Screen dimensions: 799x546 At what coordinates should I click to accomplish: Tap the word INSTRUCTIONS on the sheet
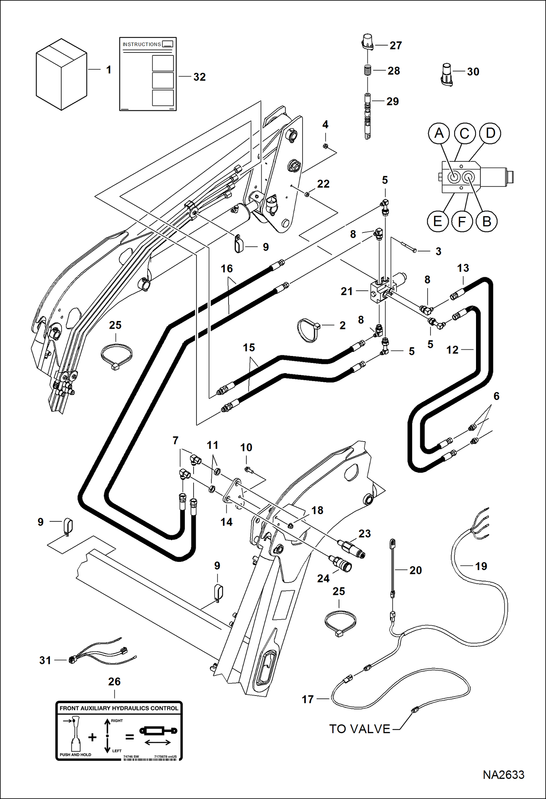pos(142,44)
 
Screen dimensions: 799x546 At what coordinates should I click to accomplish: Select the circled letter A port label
pos(439,133)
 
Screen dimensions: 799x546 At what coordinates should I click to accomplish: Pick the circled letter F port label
pos(462,222)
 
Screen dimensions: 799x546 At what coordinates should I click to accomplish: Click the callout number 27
pos(395,46)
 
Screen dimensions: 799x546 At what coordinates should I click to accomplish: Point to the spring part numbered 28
pos(367,70)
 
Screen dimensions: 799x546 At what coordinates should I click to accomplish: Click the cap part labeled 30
pos(446,74)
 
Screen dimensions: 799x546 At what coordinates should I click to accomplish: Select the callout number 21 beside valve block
pos(347,291)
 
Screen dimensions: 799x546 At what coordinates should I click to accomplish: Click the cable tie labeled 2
pos(308,330)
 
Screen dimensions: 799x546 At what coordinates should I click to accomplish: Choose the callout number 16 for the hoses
pos(226,269)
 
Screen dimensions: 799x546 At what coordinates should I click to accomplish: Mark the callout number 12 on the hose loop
pos(452,350)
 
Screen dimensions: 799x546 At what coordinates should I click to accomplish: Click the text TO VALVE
pos(360,729)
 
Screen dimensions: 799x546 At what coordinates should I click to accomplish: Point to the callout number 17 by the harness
pos(308,699)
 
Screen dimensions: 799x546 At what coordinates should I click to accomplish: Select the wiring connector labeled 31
pos(73,660)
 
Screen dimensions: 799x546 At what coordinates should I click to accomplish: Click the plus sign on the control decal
pos(92,737)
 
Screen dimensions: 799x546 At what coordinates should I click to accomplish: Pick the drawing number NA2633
pos(503,775)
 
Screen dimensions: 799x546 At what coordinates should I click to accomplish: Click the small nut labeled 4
pos(325,146)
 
